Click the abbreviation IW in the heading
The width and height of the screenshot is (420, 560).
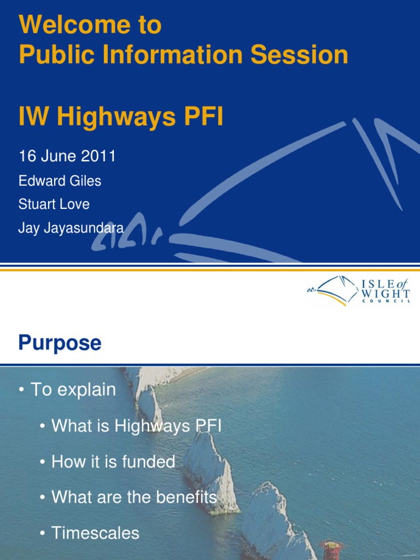34,117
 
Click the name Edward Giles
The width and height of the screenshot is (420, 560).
60,181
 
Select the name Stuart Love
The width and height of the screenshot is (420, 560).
54,205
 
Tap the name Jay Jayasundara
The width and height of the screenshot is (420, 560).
71,228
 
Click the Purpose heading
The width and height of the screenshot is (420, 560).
60,343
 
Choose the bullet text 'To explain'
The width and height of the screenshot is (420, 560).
73,389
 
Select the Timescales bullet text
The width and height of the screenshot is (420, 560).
95,533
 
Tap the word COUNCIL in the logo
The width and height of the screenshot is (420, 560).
386,303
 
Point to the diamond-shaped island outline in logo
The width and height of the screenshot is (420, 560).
337,289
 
